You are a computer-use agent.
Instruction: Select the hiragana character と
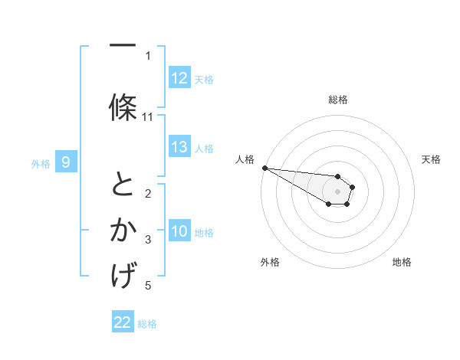click(x=123, y=185)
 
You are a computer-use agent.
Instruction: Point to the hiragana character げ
click(x=123, y=273)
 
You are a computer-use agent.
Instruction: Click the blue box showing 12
click(x=179, y=78)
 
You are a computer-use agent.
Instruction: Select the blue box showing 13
click(x=179, y=147)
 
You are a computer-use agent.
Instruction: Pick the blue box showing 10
click(x=179, y=231)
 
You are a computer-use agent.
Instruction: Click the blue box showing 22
click(x=123, y=322)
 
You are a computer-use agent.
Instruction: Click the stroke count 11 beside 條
click(x=148, y=117)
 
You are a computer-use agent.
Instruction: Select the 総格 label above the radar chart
click(x=337, y=100)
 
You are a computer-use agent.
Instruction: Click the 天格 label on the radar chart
click(x=432, y=159)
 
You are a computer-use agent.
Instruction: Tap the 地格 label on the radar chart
click(x=402, y=262)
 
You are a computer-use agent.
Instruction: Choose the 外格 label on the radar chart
click(x=270, y=262)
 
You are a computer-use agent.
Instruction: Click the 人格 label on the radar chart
click(x=245, y=159)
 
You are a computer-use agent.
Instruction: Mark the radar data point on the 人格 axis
click(x=264, y=168)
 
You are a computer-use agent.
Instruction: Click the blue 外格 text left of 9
click(x=40, y=163)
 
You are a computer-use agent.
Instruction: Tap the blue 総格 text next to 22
click(x=147, y=324)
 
